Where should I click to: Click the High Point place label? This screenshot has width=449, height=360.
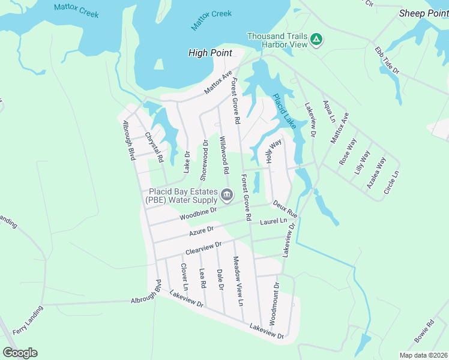coord(210,53)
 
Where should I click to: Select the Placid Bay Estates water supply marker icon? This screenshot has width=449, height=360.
coord(227,194)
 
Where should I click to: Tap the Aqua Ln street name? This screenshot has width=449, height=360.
coord(329,112)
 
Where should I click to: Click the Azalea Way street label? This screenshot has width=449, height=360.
coord(377,173)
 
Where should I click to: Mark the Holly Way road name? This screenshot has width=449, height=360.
coord(273,152)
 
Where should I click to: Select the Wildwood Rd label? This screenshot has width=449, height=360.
coord(224,154)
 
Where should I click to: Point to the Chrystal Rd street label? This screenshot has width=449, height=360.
coord(154,148)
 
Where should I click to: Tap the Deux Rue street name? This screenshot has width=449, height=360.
coord(285,209)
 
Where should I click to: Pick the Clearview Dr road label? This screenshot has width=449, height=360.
coord(203,247)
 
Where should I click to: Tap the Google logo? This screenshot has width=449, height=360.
coord(20,353)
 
